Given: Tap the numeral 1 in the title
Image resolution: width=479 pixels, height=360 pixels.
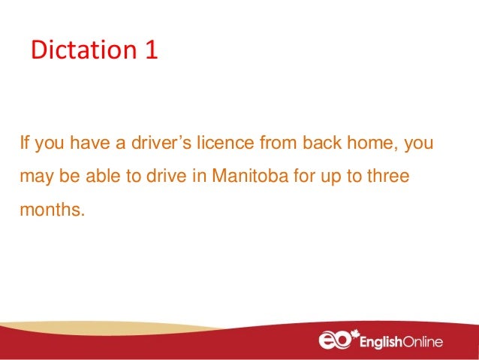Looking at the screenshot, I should [147, 51].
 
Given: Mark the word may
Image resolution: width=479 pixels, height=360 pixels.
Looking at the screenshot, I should [33, 177].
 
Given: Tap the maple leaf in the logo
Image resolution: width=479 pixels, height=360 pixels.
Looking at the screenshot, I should [354, 334].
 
